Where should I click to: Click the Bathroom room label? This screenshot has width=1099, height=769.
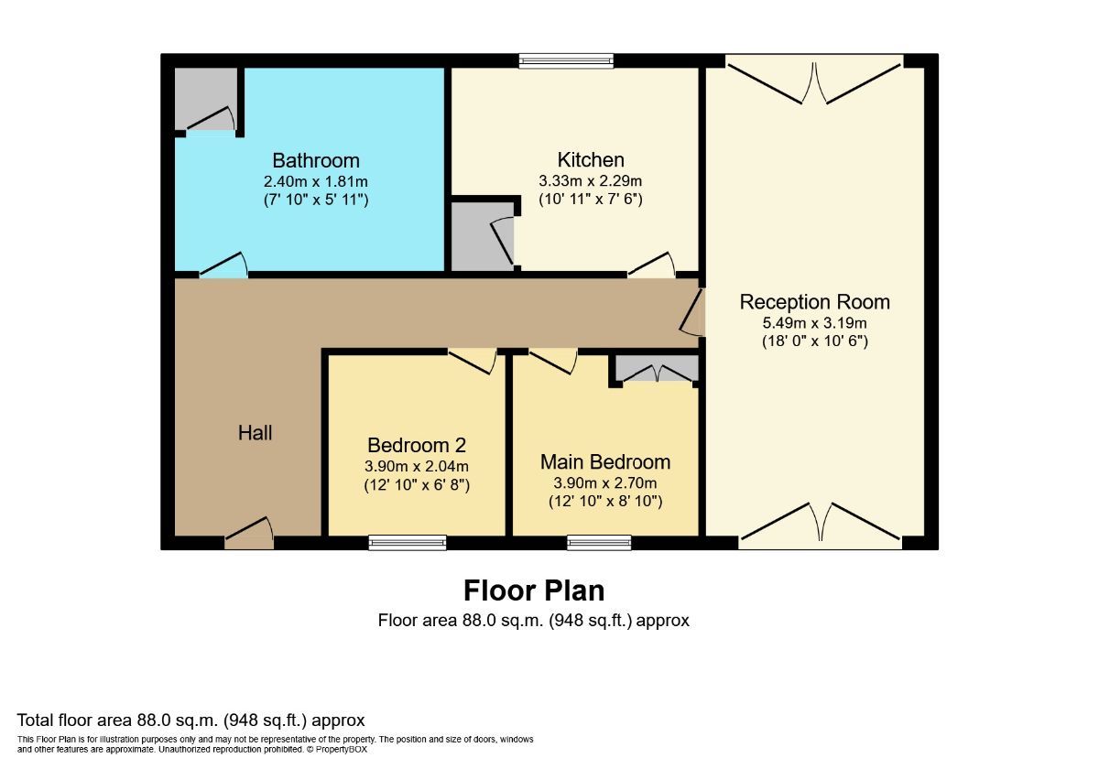pos(316,161)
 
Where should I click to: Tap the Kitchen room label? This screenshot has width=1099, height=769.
pos(591,160)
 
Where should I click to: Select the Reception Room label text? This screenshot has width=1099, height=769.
pos(814,302)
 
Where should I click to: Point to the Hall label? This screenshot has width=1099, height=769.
pos(255,433)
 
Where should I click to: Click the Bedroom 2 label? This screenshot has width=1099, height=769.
pos(417,445)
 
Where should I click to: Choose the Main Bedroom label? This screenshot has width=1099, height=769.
pos(604,461)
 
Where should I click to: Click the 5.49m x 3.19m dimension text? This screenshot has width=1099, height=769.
pos(814,322)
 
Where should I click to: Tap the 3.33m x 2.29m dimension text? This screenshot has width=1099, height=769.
pos(591,180)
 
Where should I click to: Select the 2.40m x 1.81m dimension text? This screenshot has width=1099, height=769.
pos(316,181)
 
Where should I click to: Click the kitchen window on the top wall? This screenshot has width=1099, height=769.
pos(566,61)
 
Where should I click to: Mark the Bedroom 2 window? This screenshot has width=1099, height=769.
pos(408,543)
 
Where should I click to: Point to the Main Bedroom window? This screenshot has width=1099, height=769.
pos(599,543)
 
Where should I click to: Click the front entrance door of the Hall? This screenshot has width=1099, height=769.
pos(249,535)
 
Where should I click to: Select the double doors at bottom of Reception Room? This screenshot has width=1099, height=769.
pos(821,524)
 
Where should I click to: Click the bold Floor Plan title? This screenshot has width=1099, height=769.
pos(533,590)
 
